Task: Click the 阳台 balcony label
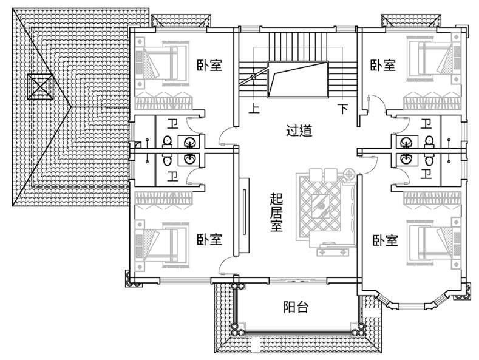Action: (x=296, y=307)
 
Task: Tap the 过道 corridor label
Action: (x=299, y=131)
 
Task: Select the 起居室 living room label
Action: (x=276, y=212)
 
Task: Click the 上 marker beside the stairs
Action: (x=254, y=108)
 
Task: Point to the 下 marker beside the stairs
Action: (x=343, y=109)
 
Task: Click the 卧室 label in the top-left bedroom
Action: (x=209, y=65)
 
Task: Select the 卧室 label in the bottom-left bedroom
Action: (x=209, y=239)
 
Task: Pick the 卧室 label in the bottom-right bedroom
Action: (x=386, y=240)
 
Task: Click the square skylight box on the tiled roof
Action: (x=40, y=86)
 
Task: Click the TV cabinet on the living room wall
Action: (x=244, y=216)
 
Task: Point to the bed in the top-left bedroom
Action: (x=162, y=63)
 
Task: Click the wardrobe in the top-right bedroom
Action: (x=432, y=103)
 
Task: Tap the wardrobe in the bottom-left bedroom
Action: (x=164, y=199)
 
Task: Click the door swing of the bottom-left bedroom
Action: (x=226, y=265)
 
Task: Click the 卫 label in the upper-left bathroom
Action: (x=173, y=124)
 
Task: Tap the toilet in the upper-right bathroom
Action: (x=429, y=141)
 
